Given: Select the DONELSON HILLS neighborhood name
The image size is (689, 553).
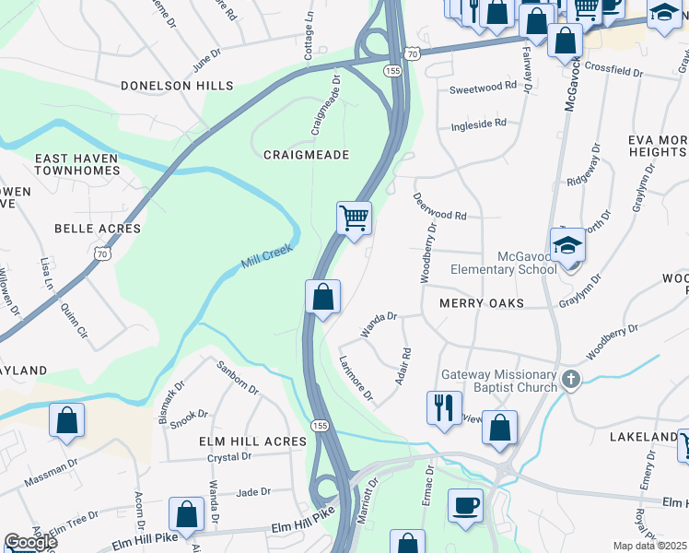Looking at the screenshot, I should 177,86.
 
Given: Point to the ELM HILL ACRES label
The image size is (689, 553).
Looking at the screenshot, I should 252,441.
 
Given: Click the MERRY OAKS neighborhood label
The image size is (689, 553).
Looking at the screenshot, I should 481,303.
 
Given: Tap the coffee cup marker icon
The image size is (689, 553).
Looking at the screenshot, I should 466,504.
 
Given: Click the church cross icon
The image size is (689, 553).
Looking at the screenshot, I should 571,380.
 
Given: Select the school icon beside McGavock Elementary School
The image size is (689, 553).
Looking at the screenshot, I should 568,244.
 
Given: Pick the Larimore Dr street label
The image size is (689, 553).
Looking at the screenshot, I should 356,380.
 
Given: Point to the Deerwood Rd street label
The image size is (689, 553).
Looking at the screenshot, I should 440,206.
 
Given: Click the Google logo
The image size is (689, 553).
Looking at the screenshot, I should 30,542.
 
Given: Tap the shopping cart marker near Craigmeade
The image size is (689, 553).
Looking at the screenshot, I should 354,219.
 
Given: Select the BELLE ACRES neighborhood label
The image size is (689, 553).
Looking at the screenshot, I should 98,229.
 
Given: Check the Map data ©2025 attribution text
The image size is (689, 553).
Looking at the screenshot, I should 650,546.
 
